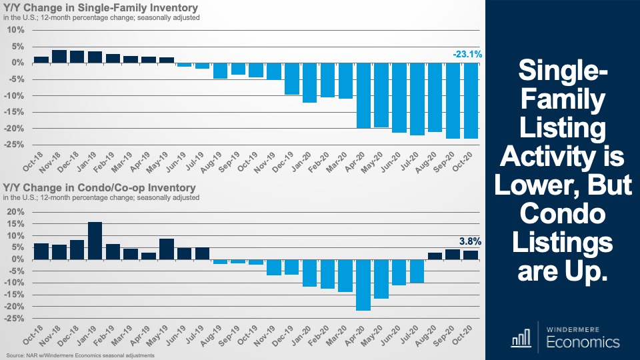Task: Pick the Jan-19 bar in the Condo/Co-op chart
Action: point(95,241)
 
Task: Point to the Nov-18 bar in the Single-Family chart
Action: point(59,57)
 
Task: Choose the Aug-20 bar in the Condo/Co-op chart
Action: point(435,256)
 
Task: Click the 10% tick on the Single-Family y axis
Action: point(17,30)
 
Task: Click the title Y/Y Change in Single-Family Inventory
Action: point(101,8)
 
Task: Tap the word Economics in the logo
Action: point(582,342)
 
